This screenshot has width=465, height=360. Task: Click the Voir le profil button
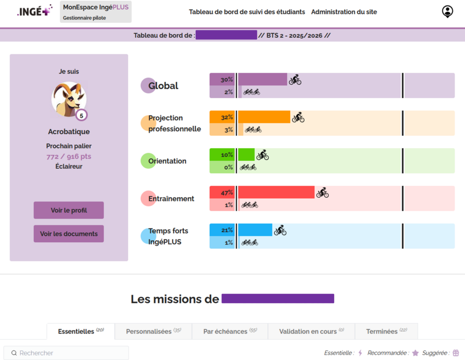(x=69, y=210)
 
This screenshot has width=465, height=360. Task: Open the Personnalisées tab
(x=153, y=331)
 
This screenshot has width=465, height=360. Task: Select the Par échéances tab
(x=230, y=331)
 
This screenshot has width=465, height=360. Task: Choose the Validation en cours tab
(x=311, y=331)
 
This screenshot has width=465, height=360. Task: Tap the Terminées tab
(x=386, y=331)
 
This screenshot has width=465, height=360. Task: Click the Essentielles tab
(x=81, y=331)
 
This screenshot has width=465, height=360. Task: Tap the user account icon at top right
(x=447, y=11)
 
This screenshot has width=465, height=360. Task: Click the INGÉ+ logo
(x=35, y=12)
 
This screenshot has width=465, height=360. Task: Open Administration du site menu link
(x=344, y=12)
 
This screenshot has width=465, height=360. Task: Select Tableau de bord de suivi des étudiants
(x=247, y=12)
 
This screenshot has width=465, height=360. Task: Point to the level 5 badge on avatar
(x=81, y=115)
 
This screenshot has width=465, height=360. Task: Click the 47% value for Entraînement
(x=227, y=193)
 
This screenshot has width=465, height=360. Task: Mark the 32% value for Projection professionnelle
(x=227, y=117)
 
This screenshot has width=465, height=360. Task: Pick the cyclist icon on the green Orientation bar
(x=262, y=155)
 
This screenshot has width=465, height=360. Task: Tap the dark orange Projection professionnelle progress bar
(x=264, y=117)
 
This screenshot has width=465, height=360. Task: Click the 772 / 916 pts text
(x=69, y=156)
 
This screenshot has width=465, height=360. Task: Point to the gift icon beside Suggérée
(x=456, y=353)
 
